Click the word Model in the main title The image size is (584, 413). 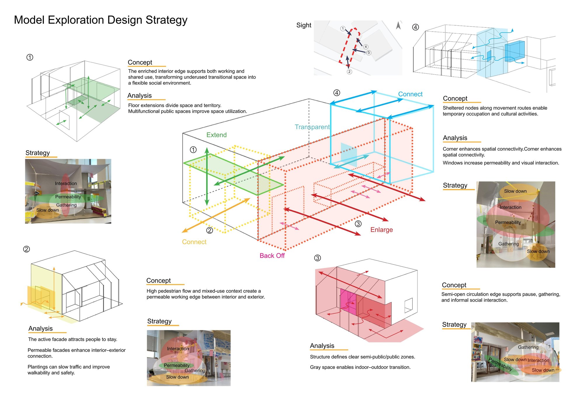[x=29, y=20]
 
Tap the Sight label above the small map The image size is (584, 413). [x=304, y=25]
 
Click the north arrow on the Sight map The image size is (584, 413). [x=398, y=25]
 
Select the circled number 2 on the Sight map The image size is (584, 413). [x=349, y=72]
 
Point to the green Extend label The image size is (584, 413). [x=216, y=135]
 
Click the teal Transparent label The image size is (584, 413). [x=312, y=127]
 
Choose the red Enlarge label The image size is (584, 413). [x=381, y=230]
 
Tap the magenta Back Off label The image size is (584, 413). [x=272, y=256]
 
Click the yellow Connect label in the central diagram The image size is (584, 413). [x=194, y=242]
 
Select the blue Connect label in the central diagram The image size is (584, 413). [x=410, y=94]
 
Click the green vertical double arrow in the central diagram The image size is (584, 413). [x=207, y=176]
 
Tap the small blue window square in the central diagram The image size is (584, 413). [x=349, y=155]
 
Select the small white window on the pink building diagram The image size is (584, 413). [x=409, y=305]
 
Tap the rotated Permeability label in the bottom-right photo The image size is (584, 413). [x=500, y=364]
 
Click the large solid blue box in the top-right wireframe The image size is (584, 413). [x=515, y=51]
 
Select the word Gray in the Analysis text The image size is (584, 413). [x=315, y=367]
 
